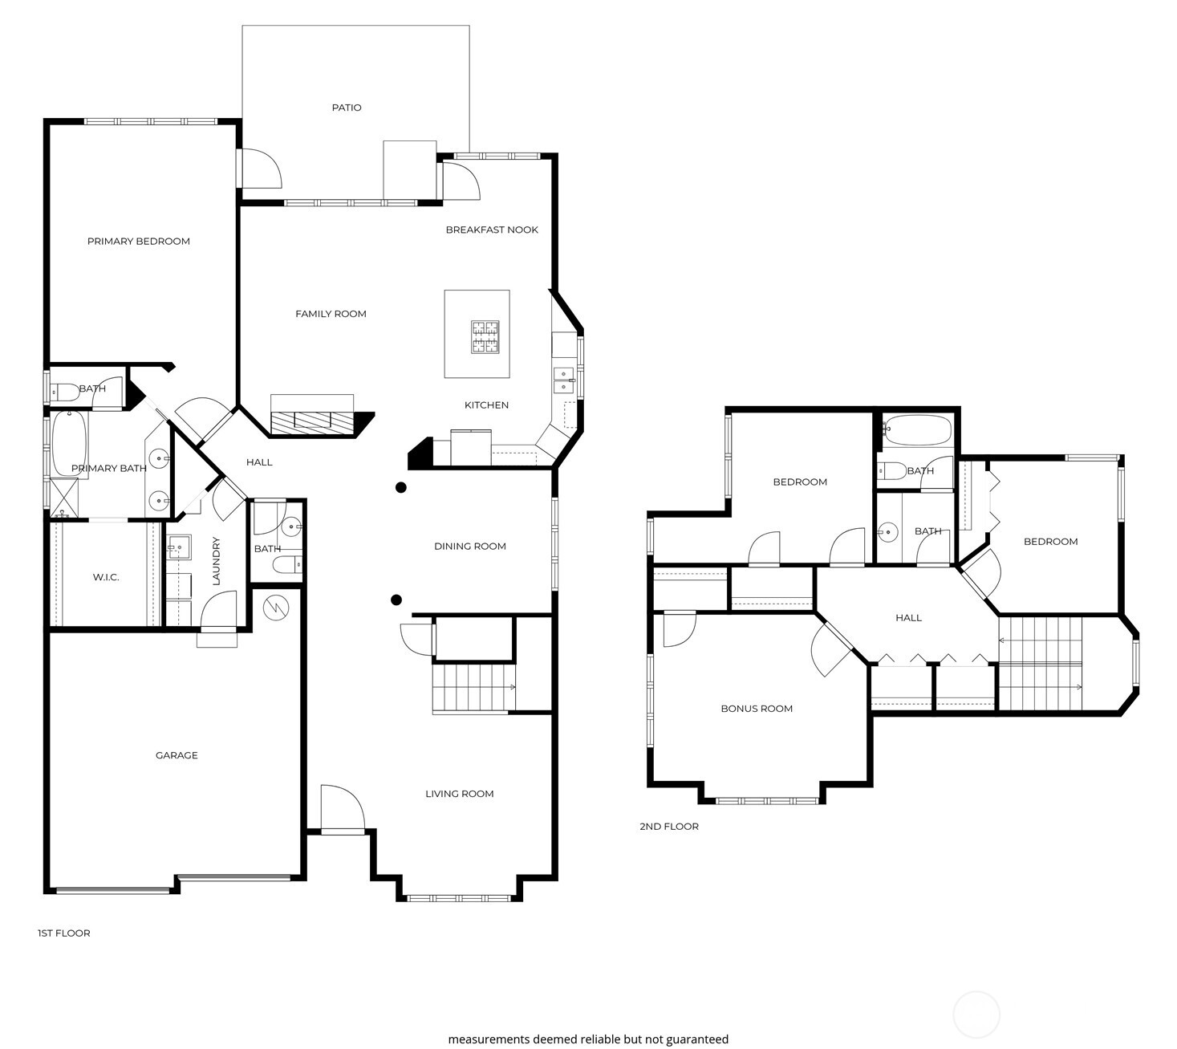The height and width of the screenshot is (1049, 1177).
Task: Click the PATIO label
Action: (x=347, y=108)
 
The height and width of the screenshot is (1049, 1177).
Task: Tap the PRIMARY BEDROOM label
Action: (x=139, y=242)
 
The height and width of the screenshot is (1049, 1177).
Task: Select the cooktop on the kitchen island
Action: (x=485, y=336)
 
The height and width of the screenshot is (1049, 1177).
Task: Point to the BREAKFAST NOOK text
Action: (x=492, y=230)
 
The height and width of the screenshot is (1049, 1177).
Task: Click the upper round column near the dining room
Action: (x=401, y=487)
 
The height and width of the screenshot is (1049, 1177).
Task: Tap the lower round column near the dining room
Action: (x=396, y=600)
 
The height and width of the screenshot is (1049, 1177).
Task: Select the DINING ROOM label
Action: (x=470, y=547)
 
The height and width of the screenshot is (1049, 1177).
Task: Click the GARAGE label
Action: (x=177, y=755)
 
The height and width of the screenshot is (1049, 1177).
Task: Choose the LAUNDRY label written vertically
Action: (x=216, y=561)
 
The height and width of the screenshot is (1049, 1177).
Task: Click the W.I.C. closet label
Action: (x=106, y=577)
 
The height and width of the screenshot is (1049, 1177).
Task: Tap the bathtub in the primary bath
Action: (x=69, y=442)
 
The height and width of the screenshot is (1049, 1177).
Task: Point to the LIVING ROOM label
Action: (x=460, y=794)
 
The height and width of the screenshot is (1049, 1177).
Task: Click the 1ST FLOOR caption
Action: (x=64, y=933)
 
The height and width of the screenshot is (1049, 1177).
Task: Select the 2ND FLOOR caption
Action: (x=669, y=827)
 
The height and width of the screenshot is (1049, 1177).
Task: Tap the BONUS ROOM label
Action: (x=757, y=709)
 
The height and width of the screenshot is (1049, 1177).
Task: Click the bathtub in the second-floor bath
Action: (x=917, y=430)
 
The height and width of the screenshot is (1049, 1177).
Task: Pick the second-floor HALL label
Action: (x=908, y=618)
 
